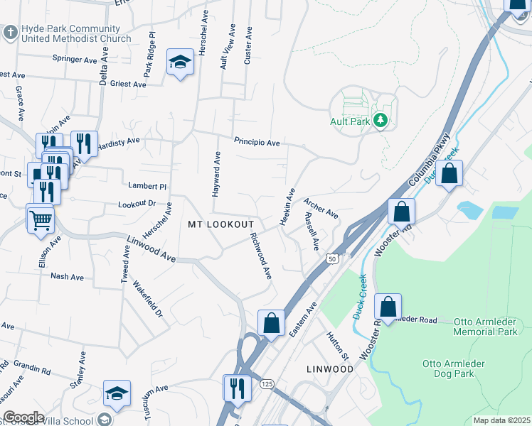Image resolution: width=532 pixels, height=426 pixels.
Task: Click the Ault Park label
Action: [350, 121]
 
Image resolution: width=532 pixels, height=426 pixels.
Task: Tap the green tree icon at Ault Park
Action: [381, 121]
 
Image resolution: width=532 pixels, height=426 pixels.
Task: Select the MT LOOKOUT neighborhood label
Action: [220, 224]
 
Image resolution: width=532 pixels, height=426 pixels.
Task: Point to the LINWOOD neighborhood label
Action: [330, 370]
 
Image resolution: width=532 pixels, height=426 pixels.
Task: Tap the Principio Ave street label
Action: [257, 143]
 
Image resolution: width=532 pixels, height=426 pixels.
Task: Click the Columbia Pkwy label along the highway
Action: [431, 160]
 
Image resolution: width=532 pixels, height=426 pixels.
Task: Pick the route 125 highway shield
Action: [267, 384]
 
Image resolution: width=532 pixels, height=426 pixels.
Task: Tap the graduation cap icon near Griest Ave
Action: [181, 62]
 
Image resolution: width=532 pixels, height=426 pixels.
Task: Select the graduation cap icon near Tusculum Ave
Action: [117, 393]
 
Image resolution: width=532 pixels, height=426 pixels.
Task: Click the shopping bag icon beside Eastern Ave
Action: [271, 322]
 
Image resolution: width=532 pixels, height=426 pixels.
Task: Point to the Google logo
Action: [23, 417]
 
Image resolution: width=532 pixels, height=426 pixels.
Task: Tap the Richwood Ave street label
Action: [260, 256]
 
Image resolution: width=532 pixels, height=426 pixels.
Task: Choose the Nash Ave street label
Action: [67, 277]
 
